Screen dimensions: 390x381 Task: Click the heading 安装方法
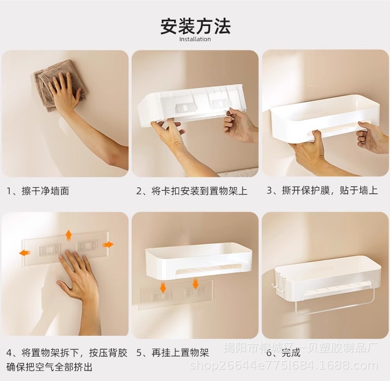[x=195, y=26]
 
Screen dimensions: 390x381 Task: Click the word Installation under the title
[x=195, y=40]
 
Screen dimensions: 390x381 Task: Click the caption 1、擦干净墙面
[x=38, y=191]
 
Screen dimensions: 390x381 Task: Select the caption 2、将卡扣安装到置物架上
[x=192, y=191]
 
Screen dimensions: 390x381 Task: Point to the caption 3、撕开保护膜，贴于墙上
[x=322, y=191]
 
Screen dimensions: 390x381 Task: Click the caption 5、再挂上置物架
[x=173, y=352]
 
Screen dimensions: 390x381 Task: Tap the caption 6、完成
[x=283, y=352]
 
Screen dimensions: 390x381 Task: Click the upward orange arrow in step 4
[x=69, y=234]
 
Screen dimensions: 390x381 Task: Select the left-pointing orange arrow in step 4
[x=25, y=253]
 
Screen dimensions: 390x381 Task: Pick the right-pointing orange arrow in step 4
[x=108, y=245]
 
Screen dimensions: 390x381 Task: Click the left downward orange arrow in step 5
[x=163, y=287]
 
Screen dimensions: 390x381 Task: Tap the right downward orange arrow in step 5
[x=196, y=284]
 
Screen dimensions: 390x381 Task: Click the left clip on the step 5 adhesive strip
[x=162, y=296]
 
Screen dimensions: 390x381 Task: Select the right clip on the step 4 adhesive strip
[x=86, y=246]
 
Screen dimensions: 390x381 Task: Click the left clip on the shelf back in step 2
[x=186, y=108]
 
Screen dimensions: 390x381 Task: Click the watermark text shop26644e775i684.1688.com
[x=283, y=366]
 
